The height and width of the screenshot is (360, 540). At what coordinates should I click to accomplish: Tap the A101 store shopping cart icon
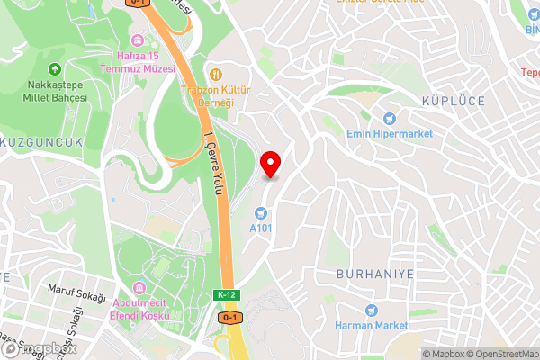(260, 213)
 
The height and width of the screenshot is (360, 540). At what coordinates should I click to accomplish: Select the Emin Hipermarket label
(390, 133)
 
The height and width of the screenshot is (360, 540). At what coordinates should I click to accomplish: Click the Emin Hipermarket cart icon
(390, 117)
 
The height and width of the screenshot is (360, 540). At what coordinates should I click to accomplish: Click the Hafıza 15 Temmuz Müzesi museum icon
(137, 40)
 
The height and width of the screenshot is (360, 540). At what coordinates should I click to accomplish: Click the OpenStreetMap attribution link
(501, 354)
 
